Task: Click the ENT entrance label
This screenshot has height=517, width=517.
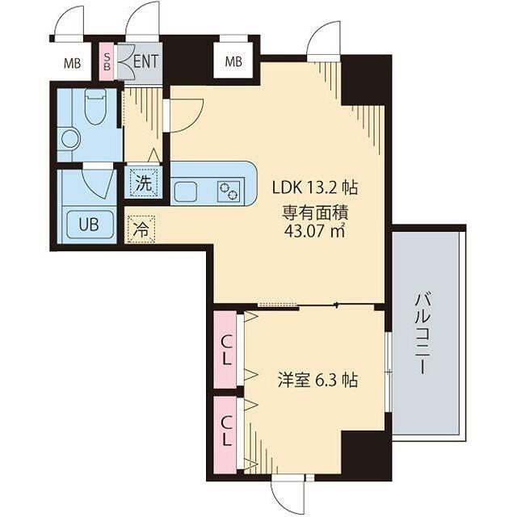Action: point(145,61)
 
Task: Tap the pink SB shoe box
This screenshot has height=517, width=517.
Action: point(107,62)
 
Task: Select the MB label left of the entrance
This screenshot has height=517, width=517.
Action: point(72,63)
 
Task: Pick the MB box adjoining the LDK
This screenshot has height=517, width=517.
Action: point(233,61)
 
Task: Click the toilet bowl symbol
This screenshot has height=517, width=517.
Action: point(95,106)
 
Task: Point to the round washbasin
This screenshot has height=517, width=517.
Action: point(70,139)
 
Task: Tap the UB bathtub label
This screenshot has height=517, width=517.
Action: point(89,225)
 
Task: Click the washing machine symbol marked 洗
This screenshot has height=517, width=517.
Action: point(144,183)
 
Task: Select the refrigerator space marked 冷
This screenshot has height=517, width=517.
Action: point(141,229)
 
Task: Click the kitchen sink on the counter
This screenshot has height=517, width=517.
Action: point(186,192)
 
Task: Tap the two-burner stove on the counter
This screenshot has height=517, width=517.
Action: point(229,191)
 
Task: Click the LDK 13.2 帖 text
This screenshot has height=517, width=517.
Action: point(315,188)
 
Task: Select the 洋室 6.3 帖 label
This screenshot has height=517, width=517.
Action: point(317,380)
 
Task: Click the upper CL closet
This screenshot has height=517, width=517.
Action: point(225,350)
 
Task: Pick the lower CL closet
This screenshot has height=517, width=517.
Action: point(225,435)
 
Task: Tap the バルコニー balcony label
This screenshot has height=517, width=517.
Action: point(422,334)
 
